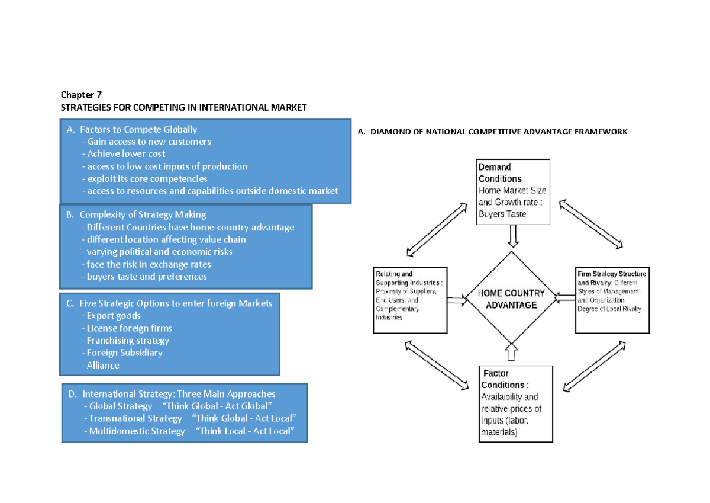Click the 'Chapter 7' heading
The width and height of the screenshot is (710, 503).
point(82,95)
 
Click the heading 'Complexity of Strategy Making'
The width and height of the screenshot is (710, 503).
point(143,214)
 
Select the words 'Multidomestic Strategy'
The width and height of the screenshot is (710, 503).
point(134,431)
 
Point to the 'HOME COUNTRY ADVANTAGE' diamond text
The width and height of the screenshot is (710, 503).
point(511,299)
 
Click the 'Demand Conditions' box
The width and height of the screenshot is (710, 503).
point(513,191)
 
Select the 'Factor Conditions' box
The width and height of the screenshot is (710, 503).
point(515,403)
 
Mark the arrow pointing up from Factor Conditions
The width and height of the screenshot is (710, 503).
point(512,354)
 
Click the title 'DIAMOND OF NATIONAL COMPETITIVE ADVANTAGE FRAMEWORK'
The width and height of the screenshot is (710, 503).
point(492,132)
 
